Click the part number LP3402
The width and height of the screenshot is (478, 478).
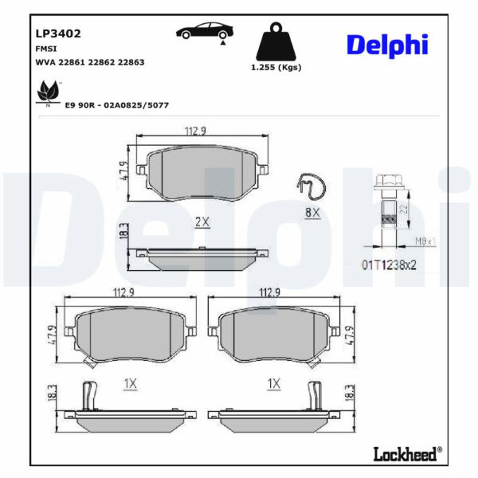[58, 33]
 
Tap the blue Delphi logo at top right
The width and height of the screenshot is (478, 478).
[387, 45]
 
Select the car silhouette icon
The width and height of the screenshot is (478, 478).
[205, 32]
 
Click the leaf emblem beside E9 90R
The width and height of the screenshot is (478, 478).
[48, 93]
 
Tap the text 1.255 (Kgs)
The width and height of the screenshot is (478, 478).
[276, 68]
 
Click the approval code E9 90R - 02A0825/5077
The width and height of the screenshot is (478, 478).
[117, 105]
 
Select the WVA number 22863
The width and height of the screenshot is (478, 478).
[131, 62]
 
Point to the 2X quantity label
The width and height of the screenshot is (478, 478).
[202, 222]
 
